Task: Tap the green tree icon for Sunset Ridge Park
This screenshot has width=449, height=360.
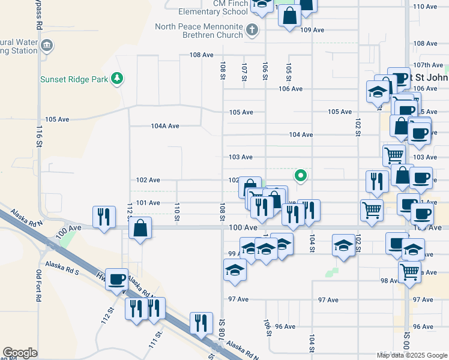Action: pos(118,78)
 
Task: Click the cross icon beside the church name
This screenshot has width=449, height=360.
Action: pos(252,29)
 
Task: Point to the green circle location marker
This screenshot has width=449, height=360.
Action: pos(301,176)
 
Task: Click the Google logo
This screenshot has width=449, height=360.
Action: pos(20,353)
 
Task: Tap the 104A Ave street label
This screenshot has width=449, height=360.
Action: pos(165,126)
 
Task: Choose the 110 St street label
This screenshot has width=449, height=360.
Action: pos(177,211)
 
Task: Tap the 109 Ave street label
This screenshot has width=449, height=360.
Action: pos(312,30)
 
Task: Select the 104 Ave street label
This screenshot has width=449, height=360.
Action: pos(301,135)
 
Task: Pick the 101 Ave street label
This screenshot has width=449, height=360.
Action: pos(148,203)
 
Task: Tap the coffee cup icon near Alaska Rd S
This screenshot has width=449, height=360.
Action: pos(116,278)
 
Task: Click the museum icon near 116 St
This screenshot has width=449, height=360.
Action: pos(47,45)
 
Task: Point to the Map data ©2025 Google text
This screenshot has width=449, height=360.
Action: pos(411,355)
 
